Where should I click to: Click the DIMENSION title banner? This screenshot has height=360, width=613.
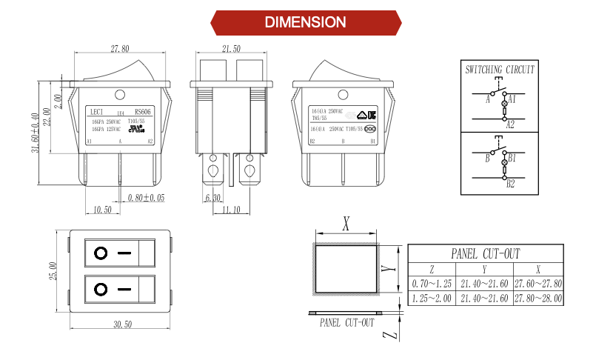[x=306, y=22]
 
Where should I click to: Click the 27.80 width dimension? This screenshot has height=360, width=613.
[x=120, y=49]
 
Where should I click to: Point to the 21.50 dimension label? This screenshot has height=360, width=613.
[x=232, y=49]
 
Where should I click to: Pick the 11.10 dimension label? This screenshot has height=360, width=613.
[x=232, y=210]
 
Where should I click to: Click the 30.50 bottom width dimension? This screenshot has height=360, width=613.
[x=122, y=324]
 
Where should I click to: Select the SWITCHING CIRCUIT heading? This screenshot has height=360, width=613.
[x=500, y=70]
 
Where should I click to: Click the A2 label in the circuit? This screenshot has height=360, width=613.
[x=510, y=125]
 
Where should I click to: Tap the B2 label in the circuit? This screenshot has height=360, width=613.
[x=510, y=184]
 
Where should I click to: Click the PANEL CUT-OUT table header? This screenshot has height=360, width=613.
[x=485, y=253]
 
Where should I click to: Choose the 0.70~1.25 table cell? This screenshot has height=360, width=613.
[x=432, y=284]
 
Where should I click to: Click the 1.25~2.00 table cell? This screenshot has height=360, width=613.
[x=432, y=298]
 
